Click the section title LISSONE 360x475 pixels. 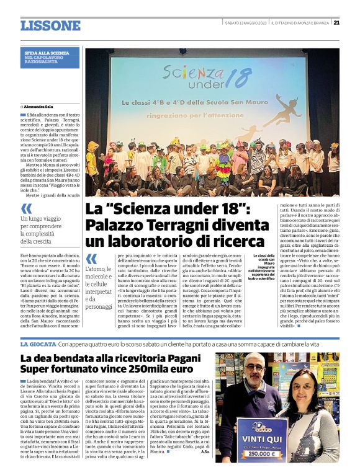click(x=50, y=25)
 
